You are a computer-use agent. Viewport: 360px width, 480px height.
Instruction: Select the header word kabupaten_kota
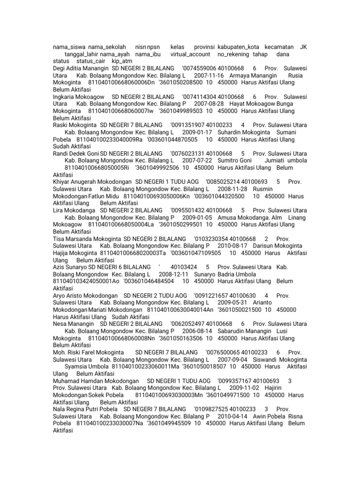coord(239,47)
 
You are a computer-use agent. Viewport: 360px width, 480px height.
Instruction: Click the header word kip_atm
coord(122,61)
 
